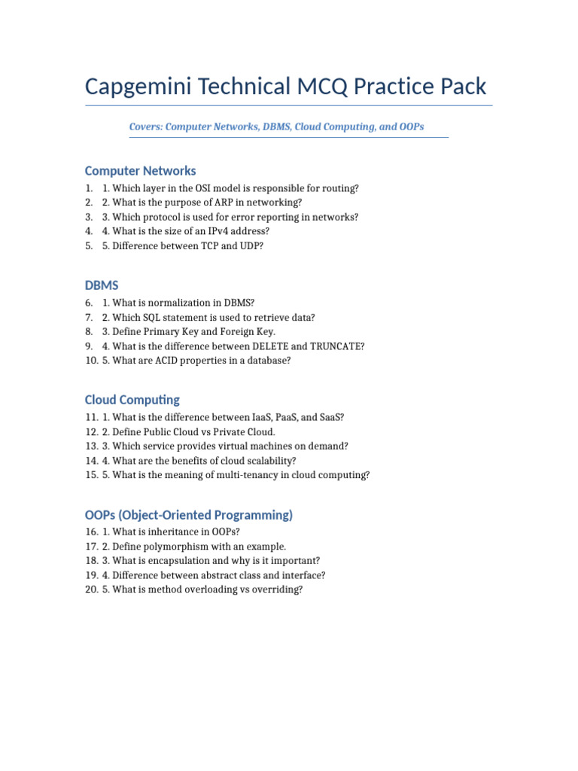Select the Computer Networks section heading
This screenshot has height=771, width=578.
point(140,171)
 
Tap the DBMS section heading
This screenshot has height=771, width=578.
point(102,285)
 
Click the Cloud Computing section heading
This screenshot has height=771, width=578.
point(132,400)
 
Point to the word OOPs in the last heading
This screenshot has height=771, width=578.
point(102,515)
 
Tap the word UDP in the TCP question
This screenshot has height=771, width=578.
point(248,245)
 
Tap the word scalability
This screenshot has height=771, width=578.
point(271,461)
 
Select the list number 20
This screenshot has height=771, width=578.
point(91,590)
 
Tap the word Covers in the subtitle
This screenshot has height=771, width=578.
point(145,126)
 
